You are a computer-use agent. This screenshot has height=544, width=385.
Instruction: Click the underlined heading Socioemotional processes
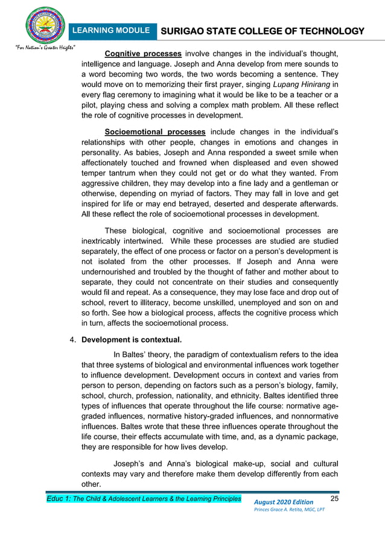(x=154, y=131)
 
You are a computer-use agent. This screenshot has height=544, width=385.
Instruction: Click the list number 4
(x=73, y=341)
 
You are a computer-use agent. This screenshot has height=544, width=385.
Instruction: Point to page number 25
(x=336, y=498)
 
